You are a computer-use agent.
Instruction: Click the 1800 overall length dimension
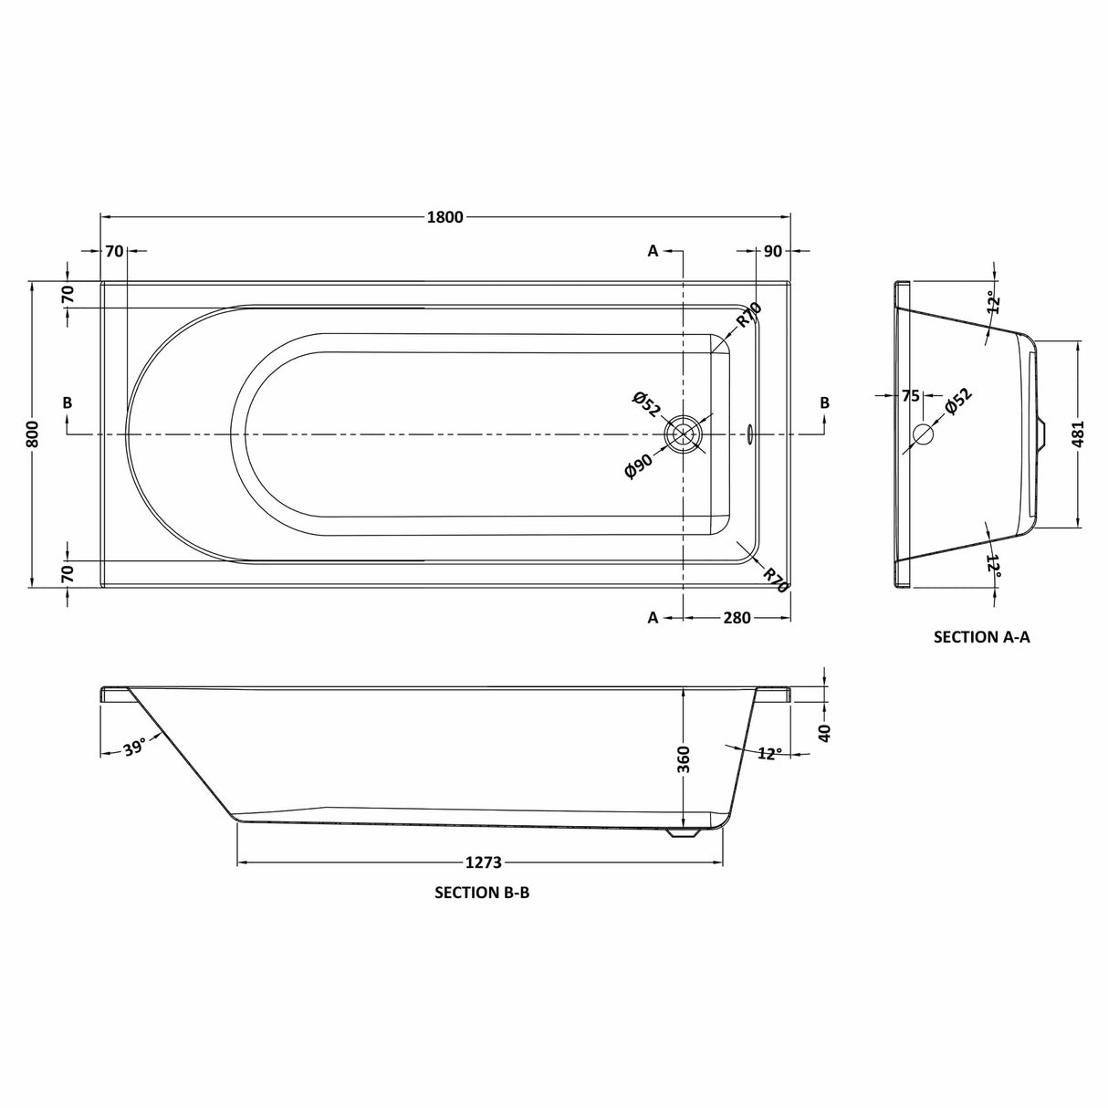tap(444, 217)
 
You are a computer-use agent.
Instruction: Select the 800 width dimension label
tap(32, 434)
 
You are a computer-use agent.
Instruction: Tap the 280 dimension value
tap(736, 618)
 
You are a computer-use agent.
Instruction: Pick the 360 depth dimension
tap(685, 758)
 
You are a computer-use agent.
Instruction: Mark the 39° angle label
tap(134, 749)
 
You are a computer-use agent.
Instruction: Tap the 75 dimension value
tap(910, 395)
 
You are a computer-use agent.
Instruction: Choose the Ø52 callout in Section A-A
tap(957, 402)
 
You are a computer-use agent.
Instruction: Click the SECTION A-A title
tap(981, 637)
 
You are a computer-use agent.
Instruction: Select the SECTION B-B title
tap(482, 894)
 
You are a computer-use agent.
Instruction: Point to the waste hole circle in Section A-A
tap(924, 434)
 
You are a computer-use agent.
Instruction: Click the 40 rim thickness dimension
tap(824, 732)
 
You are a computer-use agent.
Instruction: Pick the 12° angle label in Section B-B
tap(768, 754)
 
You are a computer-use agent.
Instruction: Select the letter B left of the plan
tap(68, 402)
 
